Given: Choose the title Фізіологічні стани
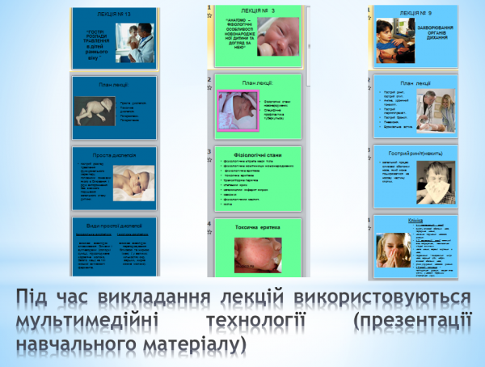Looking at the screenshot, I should (257, 153).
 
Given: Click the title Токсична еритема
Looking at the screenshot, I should (257, 227).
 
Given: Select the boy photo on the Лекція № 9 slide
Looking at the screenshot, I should (392, 42).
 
